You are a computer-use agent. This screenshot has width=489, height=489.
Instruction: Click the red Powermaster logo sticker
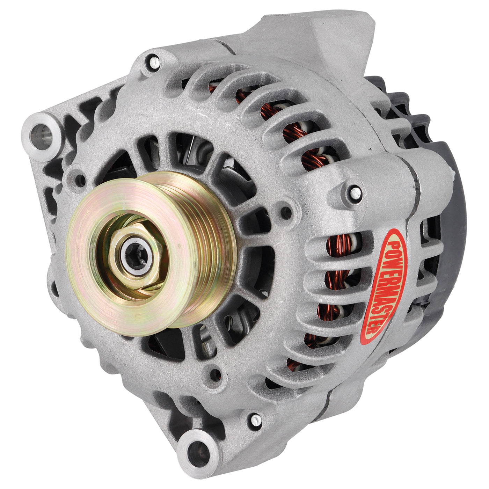coord(384,286)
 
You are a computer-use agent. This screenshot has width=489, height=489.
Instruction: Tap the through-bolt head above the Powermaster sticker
coord(356,193)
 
